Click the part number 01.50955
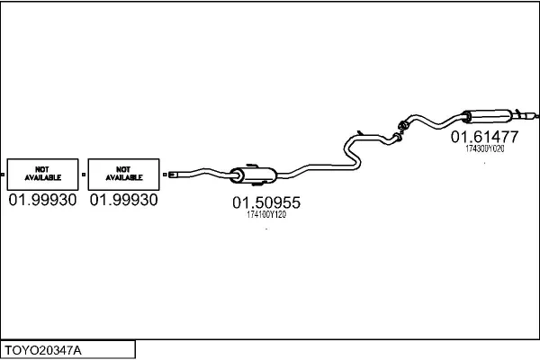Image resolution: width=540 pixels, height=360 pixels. coord(266,202)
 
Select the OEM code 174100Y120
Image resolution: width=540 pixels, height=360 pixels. coord(266,214)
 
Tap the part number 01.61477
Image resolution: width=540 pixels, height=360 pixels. coord(484,137)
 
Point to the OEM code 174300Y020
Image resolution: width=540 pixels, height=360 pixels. coord(485,148)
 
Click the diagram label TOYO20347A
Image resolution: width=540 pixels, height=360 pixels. coord(43,350)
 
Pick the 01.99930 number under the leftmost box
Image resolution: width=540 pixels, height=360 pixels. coord(42,200)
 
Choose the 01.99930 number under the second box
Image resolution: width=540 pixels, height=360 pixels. coord(123,200)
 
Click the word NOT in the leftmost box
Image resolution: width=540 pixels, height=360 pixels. coord(42,169)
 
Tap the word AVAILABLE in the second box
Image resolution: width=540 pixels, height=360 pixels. coord(124,177)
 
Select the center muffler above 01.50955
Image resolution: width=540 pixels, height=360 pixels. coord(254,175)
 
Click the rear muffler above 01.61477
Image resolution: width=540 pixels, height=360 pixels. coord(486,116)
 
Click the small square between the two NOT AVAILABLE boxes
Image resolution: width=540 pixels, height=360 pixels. coord(84,175)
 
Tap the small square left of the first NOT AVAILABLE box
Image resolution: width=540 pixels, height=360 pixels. coord(3,175)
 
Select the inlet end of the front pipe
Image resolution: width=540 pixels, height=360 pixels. coord(173,175)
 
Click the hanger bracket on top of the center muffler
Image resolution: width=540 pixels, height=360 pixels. coord(252,166)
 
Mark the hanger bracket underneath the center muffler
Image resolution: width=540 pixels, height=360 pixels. coord(258,184)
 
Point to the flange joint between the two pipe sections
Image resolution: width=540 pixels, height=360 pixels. coord(400,130)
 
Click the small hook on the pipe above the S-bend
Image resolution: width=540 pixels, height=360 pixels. coord(359,132)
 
